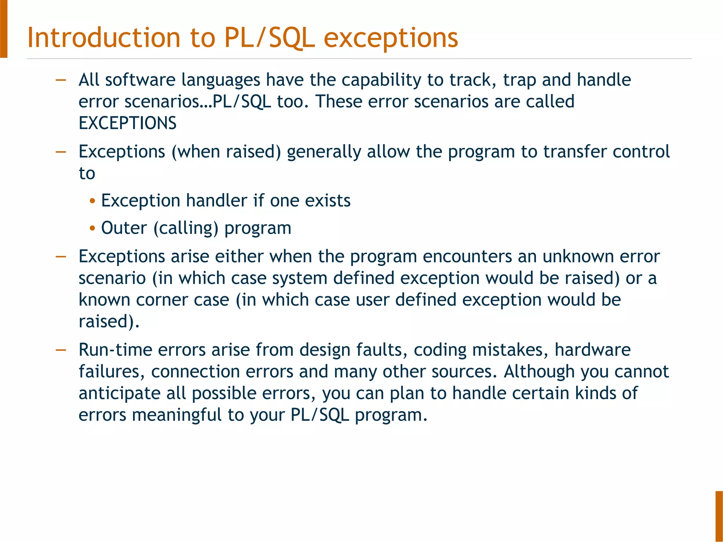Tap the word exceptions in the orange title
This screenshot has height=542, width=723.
point(391,38)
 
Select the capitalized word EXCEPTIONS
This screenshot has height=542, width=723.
point(127,123)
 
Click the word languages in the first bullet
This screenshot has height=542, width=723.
point(221,80)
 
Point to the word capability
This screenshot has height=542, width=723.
point(381,80)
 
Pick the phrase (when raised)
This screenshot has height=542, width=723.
point(226,152)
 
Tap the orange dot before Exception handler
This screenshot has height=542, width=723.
point(92,201)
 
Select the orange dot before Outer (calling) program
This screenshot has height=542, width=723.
point(92,228)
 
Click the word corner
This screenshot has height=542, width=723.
point(160,300)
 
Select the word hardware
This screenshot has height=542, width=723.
point(592,350)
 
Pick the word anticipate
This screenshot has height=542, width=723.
point(119,393)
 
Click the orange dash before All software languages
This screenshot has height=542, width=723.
point(61,80)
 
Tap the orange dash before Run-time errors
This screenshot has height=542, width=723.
point(61,350)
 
